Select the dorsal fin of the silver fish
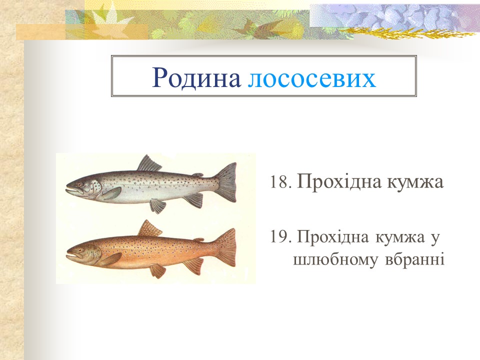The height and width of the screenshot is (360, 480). click(x=148, y=164)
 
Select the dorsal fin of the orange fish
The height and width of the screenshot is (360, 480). click(x=149, y=228)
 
